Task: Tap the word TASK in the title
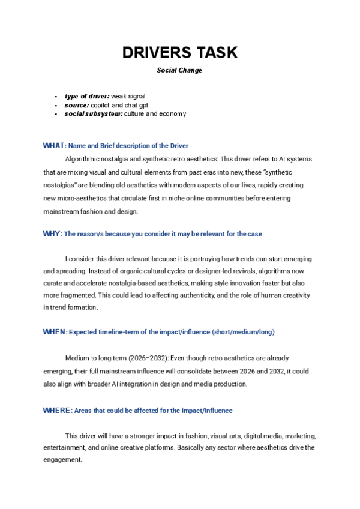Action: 217,53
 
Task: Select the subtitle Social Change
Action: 179,70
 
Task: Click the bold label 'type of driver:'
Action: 87,96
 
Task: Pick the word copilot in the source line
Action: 102,105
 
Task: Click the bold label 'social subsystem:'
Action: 94,113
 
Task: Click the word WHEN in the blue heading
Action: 54,332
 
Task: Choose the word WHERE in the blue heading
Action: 57,411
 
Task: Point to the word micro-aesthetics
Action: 80,199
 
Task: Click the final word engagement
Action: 62,460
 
